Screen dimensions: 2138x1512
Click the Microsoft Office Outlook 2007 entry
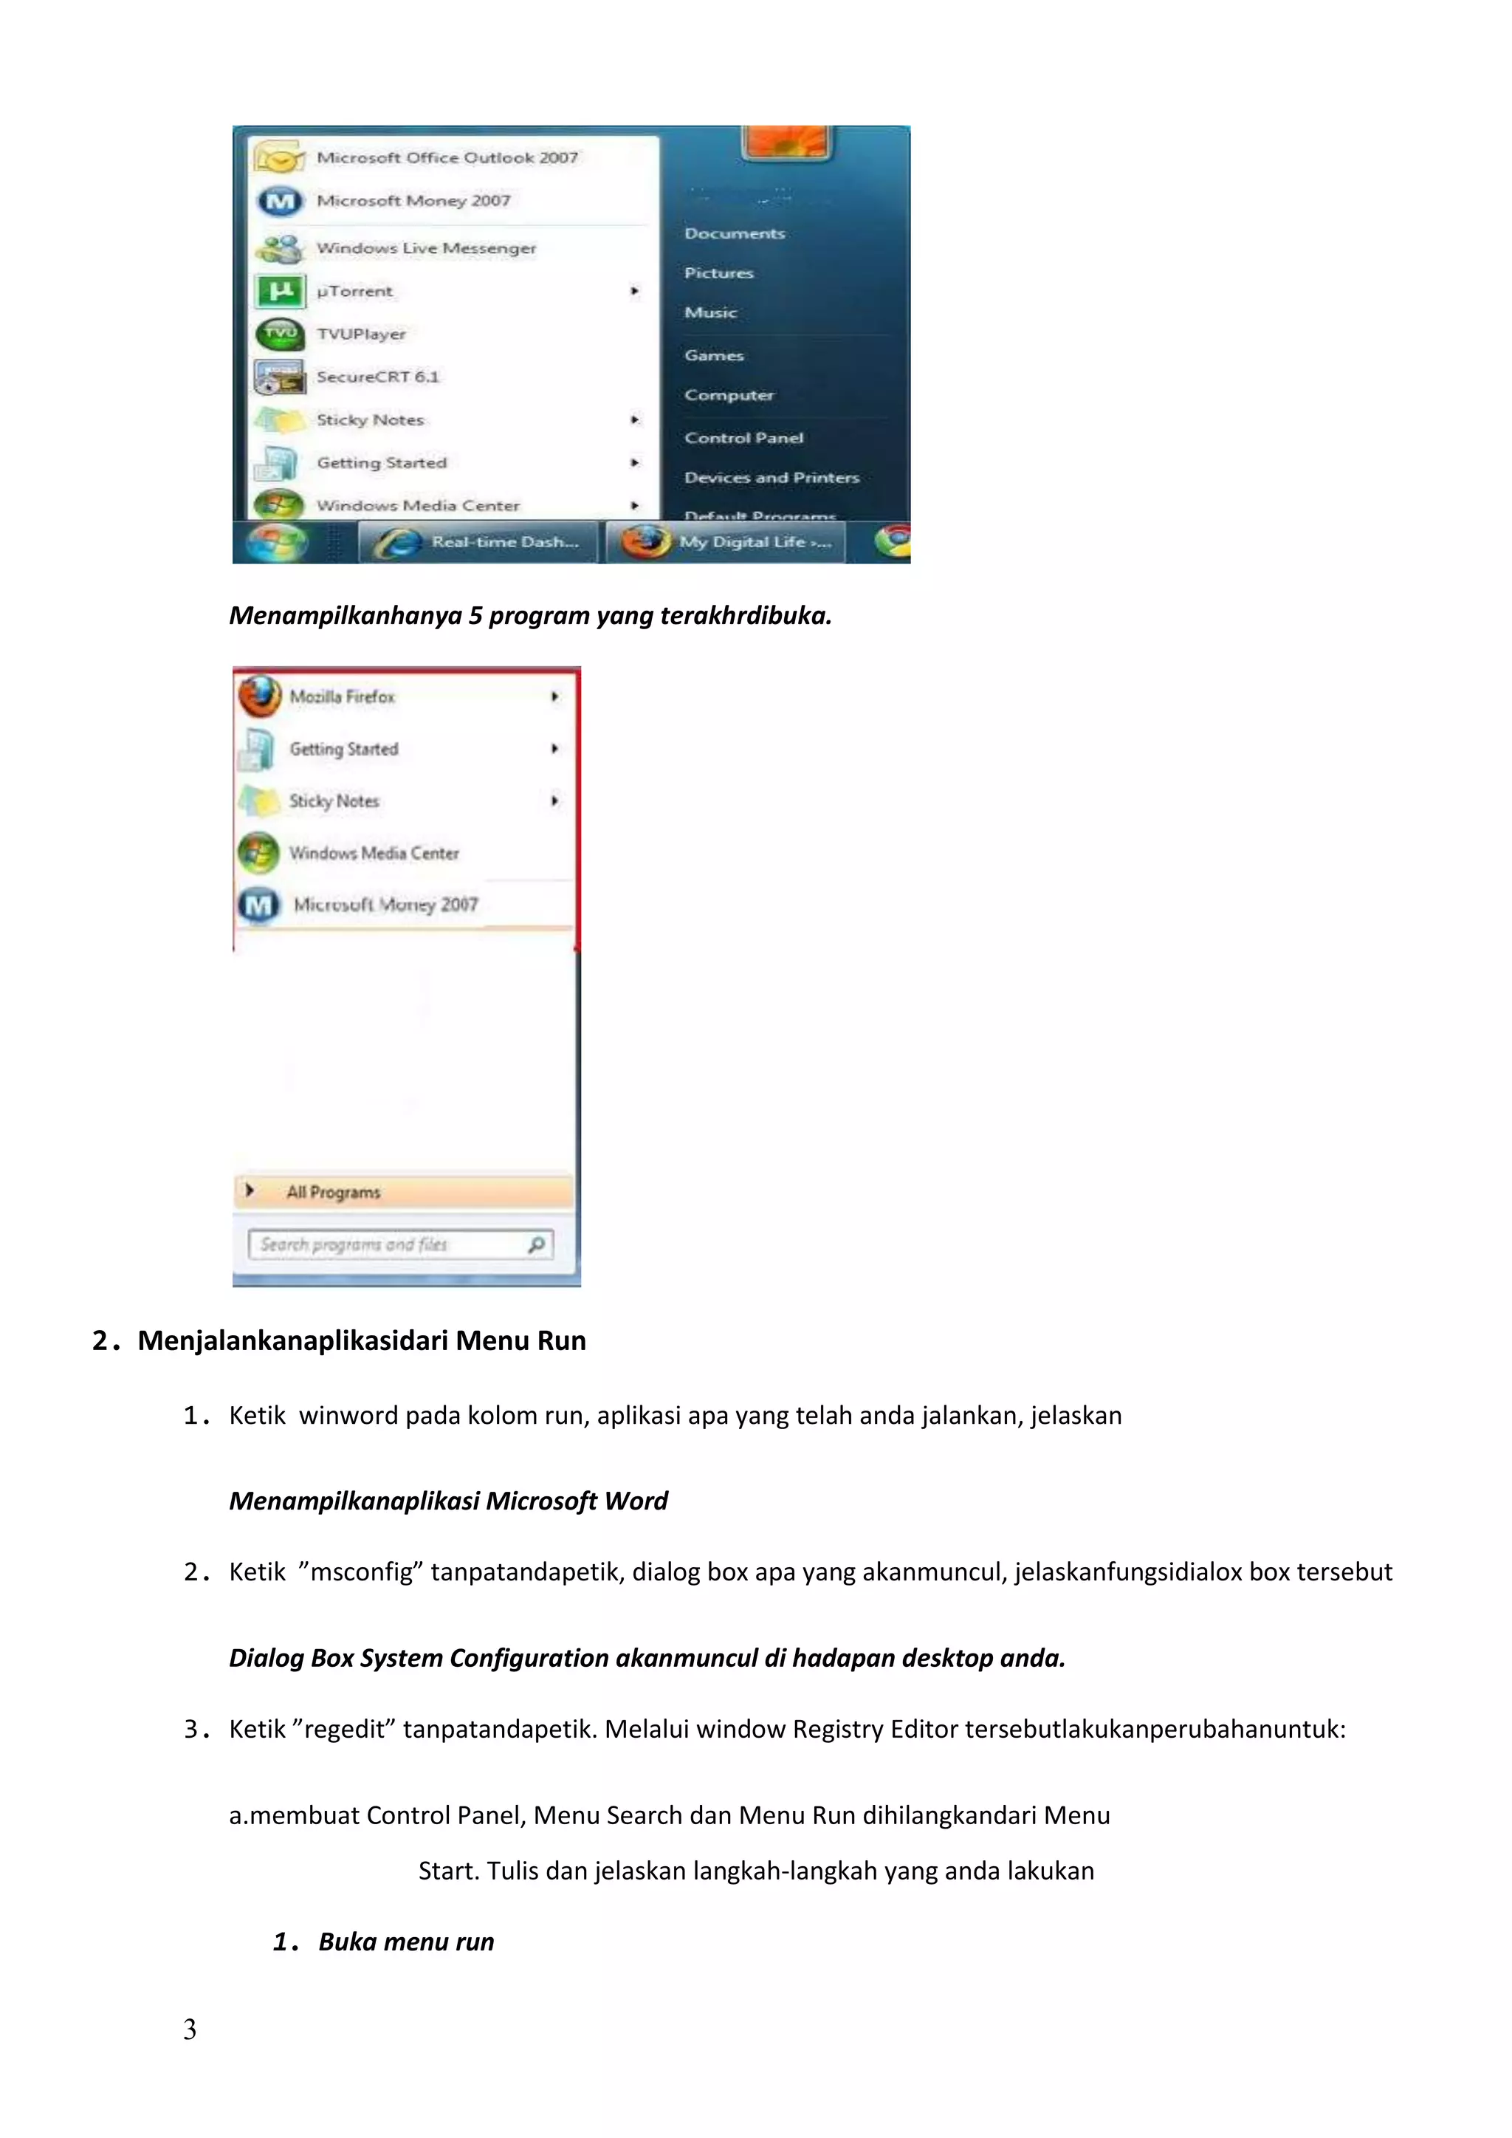click(x=446, y=157)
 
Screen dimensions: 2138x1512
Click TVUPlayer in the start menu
click(x=360, y=333)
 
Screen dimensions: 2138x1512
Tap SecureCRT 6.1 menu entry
click(x=377, y=376)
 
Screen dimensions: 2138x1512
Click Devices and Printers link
click(x=771, y=478)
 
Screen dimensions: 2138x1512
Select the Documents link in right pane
click(x=734, y=233)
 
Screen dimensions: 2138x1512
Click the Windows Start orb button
click(x=277, y=542)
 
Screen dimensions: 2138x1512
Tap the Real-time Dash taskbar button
click(x=478, y=542)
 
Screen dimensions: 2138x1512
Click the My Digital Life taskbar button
click(x=726, y=542)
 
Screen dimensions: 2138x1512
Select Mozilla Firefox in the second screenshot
click(x=342, y=696)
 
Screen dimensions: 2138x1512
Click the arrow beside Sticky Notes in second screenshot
click(x=555, y=801)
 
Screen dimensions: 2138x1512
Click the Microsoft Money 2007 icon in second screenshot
click(x=259, y=904)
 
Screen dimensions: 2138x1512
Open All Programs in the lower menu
click(x=333, y=1192)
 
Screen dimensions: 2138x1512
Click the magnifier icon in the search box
click(x=536, y=1245)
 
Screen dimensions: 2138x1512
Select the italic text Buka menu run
click(x=406, y=1942)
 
